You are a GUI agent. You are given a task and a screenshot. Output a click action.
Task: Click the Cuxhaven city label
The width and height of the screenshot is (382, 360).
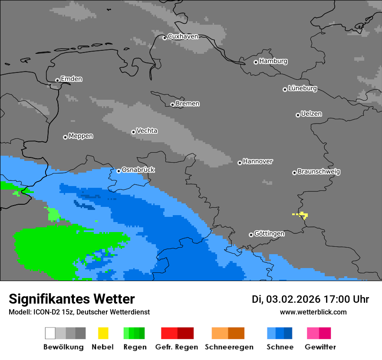(x=183, y=36)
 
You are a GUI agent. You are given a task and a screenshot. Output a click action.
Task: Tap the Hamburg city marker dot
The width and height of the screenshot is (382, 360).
(x=256, y=62)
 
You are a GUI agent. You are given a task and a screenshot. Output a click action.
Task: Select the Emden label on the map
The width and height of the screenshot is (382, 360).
(x=71, y=79)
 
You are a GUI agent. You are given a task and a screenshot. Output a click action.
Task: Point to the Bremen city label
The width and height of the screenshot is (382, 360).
(x=188, y=104)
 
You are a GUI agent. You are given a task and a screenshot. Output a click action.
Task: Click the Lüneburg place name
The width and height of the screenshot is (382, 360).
(x=303, y=88)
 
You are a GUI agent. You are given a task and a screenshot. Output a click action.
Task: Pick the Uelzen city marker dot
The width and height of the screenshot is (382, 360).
(x=298, y=115)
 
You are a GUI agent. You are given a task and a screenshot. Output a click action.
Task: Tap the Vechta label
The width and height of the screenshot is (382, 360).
(x=147, y=131)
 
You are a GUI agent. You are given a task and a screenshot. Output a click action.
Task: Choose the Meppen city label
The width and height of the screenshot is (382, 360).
(x=81, y=136)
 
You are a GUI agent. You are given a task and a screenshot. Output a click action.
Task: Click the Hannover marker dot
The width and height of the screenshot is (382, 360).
(x=240, y=163)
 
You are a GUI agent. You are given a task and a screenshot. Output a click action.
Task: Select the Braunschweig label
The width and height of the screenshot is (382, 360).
(x=319, y=172)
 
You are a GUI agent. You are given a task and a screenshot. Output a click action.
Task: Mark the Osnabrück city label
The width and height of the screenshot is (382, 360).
(x=138, y=170)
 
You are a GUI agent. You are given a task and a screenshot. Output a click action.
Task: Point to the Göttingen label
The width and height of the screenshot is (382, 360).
(x=269, y=234)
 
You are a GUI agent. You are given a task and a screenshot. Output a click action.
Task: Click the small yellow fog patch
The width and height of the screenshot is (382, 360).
(x=303, y=215)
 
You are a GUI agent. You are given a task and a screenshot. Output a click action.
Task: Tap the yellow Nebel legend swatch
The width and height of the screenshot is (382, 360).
(x=103, y=333)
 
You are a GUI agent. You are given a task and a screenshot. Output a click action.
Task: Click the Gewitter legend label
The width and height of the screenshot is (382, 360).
(x=320, y=347)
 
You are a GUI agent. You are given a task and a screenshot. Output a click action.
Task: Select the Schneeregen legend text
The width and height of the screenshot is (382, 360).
(x=229, y=347)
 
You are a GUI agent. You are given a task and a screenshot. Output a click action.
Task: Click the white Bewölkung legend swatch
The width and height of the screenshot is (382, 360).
(x=50, y=333)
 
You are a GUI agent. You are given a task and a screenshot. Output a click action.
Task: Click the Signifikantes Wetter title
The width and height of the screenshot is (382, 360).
(x=72, y=299)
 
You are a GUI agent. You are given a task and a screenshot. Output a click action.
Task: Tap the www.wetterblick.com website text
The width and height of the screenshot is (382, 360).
(x=313, y=312)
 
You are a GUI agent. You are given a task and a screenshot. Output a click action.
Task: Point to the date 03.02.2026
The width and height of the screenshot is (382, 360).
(x=293, y=299)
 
